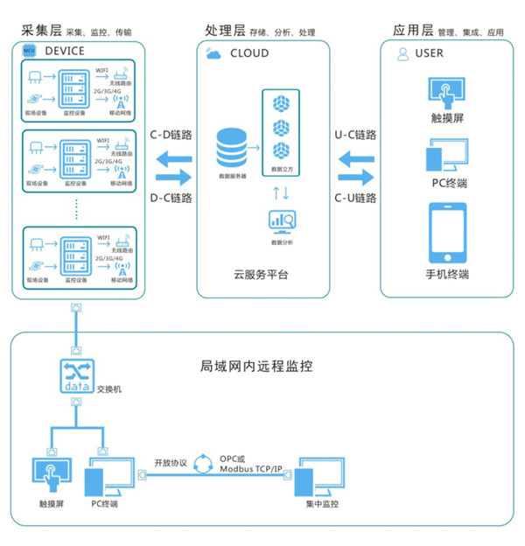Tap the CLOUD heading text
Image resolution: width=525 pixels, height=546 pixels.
(x=249, y=53)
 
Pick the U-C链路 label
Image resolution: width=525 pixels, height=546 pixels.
(x=356, y=136)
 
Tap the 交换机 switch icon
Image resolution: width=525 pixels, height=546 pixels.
(x=76, y=377)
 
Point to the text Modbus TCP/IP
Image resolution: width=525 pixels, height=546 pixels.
(x=252, y=470)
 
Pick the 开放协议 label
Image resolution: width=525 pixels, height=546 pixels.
(x=171, y=463)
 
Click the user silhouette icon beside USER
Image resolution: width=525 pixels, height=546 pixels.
(x=402, y=54)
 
